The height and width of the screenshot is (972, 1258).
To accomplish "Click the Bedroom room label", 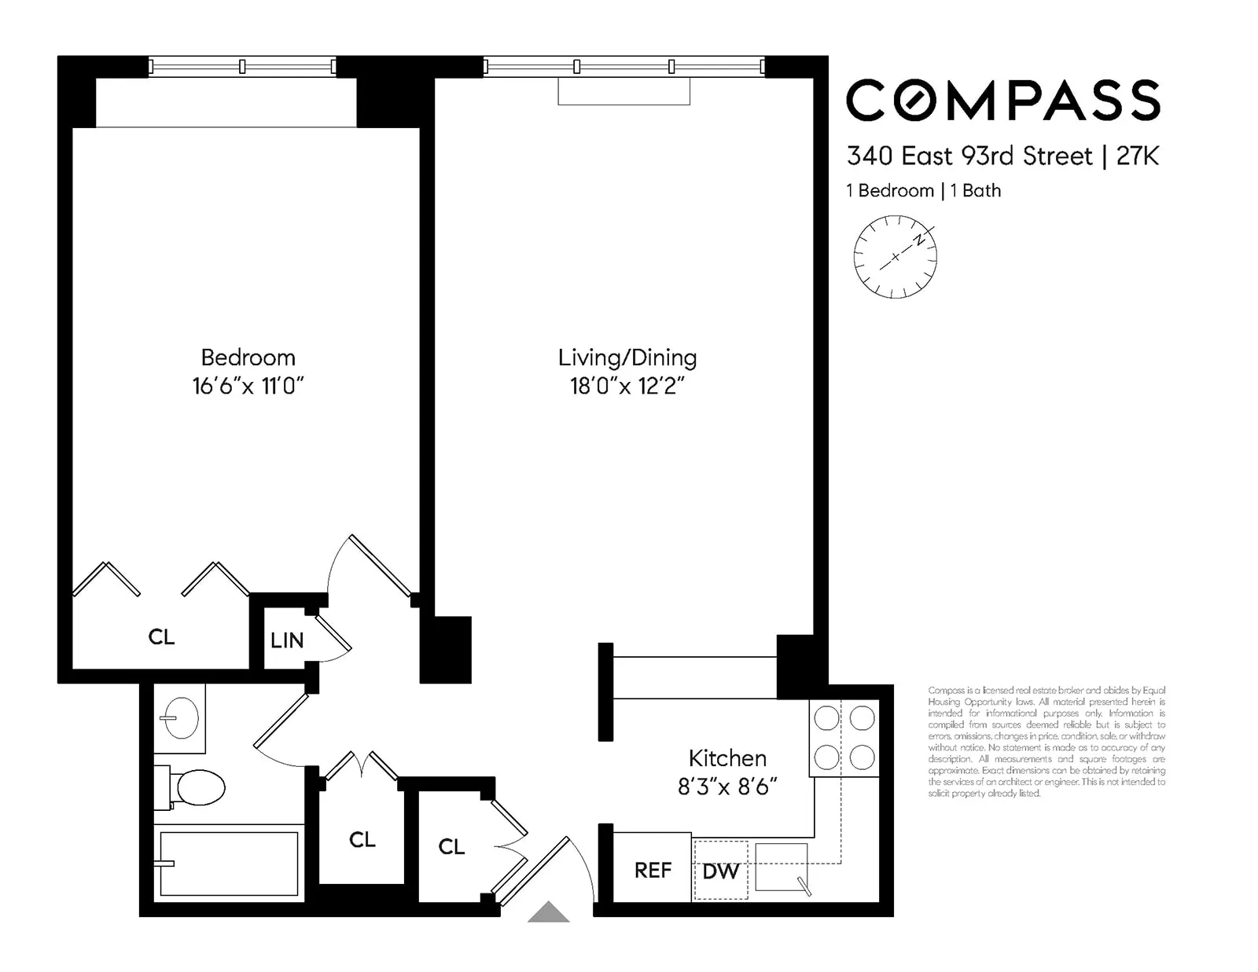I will point(248,358).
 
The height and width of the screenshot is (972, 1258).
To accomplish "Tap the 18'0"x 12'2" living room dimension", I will point(627,386).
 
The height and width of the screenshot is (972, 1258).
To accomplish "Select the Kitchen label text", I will point(726,758).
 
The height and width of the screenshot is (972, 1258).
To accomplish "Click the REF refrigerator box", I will point(652,869).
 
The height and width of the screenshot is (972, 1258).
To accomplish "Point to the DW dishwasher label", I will point(720,871).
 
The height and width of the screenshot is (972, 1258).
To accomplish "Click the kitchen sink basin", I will point(781,867).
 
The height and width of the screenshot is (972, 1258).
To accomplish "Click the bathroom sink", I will point(181,717).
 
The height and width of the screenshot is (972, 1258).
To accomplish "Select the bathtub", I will point(228,864).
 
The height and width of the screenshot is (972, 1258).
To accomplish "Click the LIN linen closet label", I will point(286,640).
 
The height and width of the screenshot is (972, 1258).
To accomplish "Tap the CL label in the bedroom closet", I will point(161,636).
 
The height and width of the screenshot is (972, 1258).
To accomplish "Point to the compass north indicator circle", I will point(895,257).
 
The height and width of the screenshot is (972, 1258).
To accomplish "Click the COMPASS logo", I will point(1002,100).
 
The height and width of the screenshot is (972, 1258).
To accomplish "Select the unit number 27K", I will point(1137,156).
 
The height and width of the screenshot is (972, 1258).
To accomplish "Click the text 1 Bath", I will point(975,191).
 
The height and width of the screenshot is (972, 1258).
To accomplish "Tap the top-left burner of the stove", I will point(826,717).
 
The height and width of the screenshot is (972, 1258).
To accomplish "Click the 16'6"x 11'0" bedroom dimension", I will point(248,386).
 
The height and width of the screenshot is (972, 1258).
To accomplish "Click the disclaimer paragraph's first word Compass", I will point(946,690).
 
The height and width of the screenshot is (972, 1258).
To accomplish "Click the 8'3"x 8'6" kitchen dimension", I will point(726,787).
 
